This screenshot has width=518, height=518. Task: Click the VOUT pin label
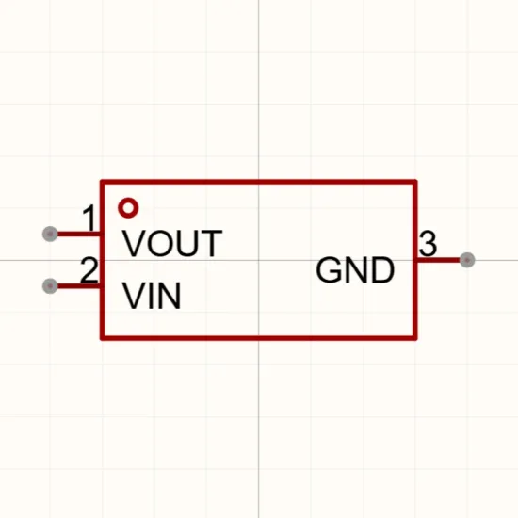pos(172,243)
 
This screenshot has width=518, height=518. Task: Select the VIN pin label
pos(152,296)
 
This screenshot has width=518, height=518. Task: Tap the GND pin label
pos(355,269)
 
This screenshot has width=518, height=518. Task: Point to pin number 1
pos(89,219)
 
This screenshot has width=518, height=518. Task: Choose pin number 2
pos(89,270)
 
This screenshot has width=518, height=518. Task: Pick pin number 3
pos(428,244)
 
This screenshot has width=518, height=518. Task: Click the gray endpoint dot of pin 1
pos(50,234)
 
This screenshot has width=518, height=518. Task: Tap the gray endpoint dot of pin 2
pos(50,285)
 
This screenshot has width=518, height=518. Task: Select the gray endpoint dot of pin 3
pos(467,260)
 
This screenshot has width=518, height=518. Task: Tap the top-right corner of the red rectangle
pos(415,182)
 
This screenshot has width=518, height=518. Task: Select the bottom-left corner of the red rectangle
pos(102,338)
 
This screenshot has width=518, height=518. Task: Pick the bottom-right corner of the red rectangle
pos(415,338)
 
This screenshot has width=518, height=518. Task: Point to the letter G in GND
pos(328,269)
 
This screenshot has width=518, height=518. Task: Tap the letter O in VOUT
pos(160,243)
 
